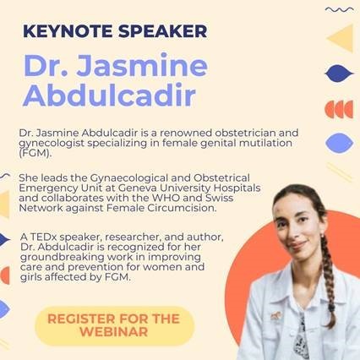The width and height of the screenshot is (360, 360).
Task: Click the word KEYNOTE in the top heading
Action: tap(68, 31)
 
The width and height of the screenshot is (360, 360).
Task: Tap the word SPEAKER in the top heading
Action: tap(163, 31)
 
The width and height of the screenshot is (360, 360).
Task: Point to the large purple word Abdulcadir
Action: tap(110, 94)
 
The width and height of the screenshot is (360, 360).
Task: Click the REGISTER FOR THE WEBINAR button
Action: tap(115, 325)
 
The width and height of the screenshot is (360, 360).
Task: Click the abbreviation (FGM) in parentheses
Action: tap(35, 154)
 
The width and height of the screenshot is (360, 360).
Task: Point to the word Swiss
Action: tap(219, 198)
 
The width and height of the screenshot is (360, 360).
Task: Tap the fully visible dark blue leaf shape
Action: tap(339, 74)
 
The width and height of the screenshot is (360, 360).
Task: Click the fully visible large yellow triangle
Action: tap(341, 38)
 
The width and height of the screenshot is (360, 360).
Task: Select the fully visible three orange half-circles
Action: tap(339, 109)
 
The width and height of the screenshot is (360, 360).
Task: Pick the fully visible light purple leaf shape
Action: tap(340, 143)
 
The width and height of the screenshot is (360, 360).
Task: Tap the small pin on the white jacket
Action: tap(275, 315)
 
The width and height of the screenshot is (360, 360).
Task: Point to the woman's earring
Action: tap(322, 235)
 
